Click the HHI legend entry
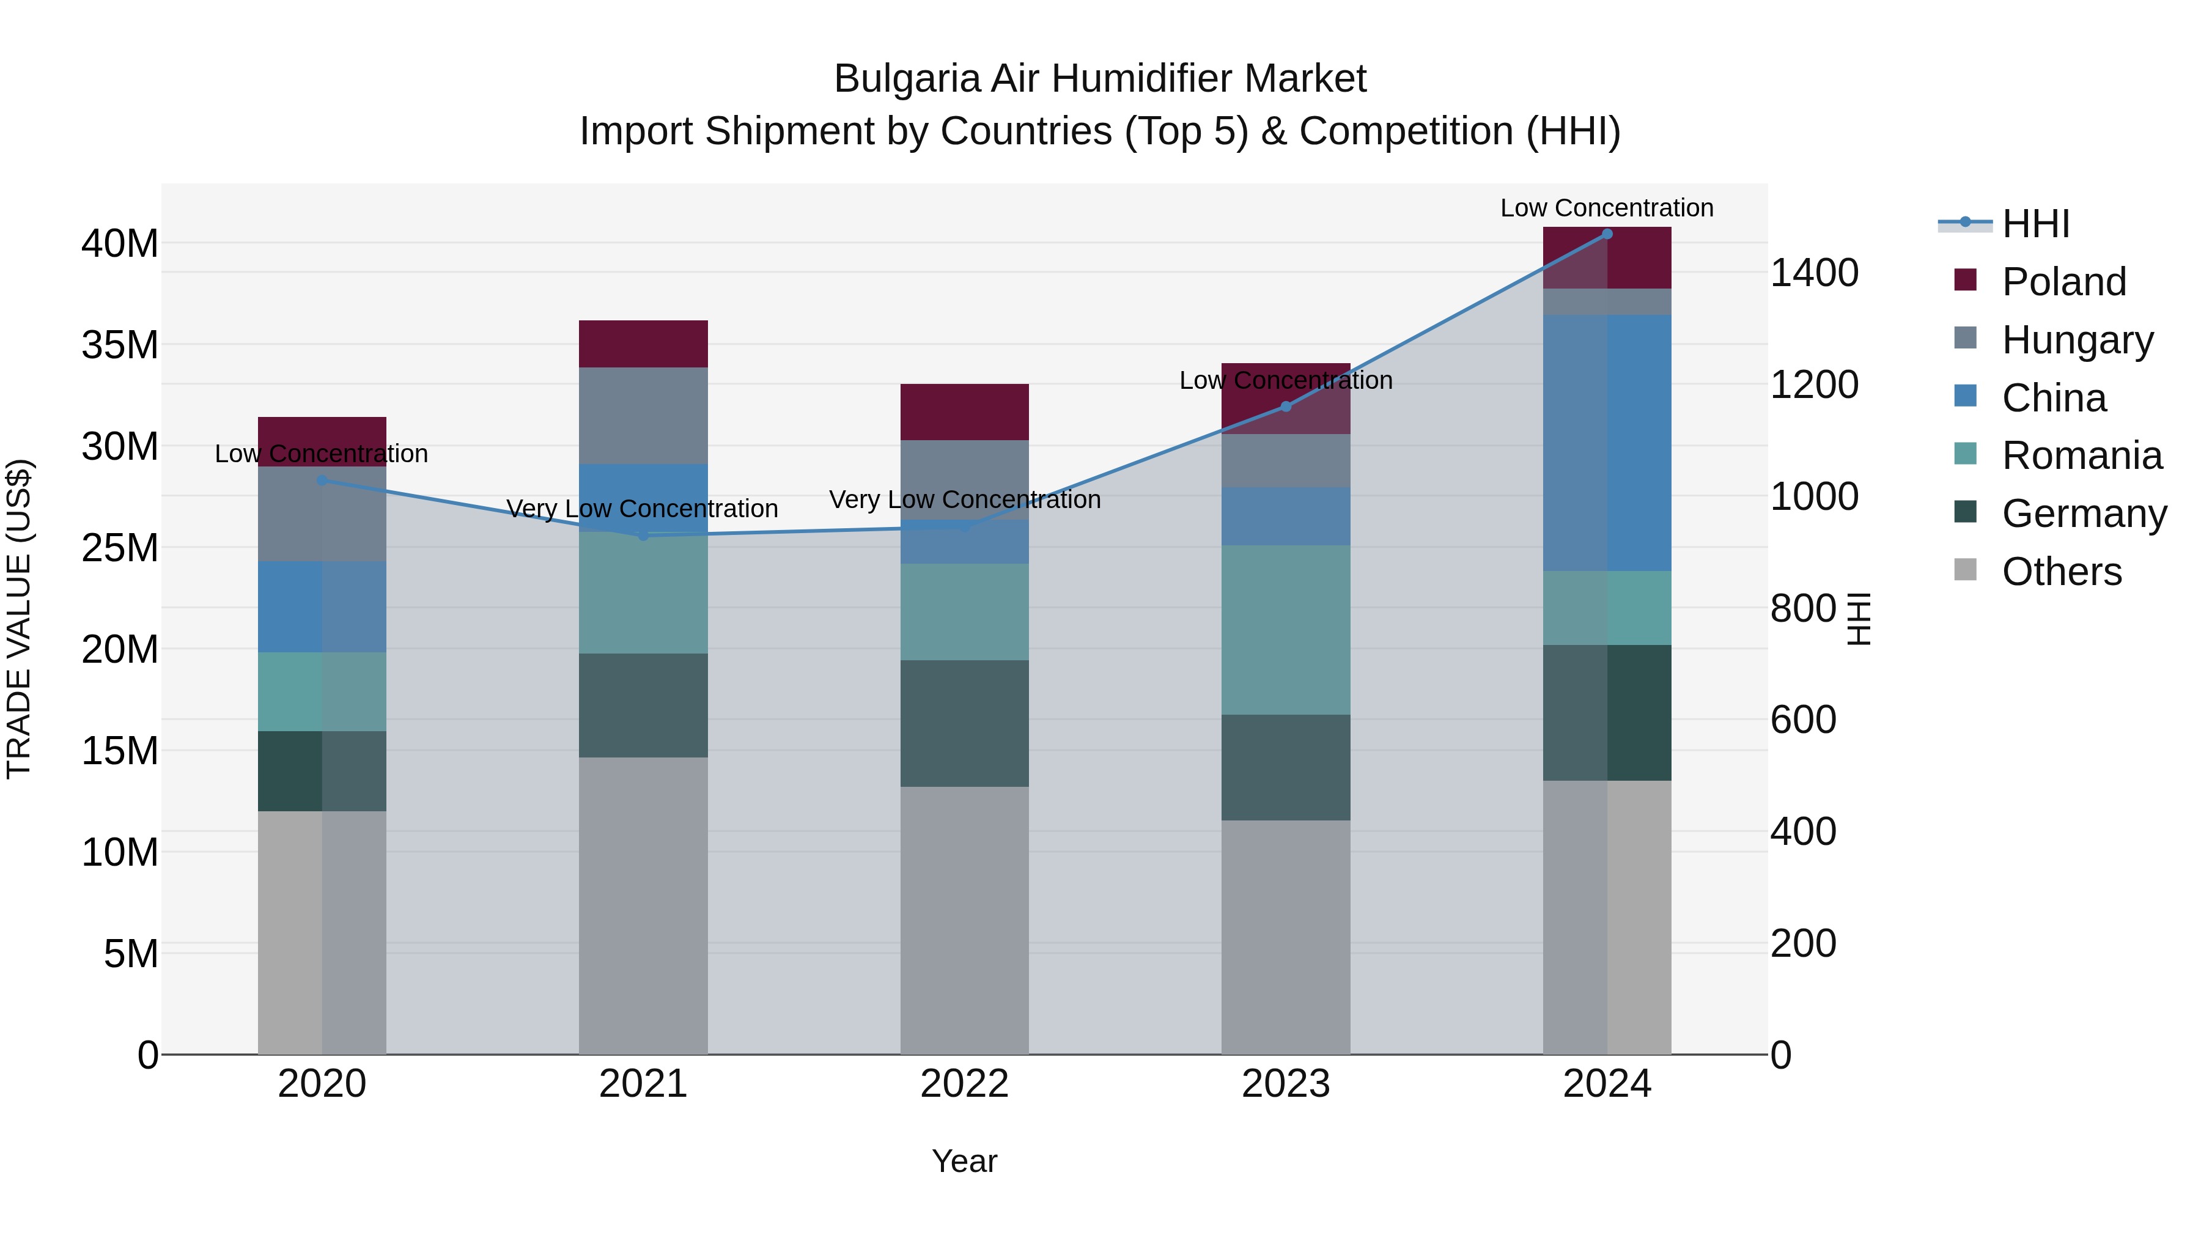click(2034, 224)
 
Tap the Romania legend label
click(2081, 455)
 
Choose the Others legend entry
click(2061, 572)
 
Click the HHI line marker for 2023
click(1286, 407)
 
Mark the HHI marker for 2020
click(322, 480)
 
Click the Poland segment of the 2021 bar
click(643, 344)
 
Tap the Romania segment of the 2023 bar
click(1286, 630)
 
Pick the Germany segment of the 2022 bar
click(965, 723)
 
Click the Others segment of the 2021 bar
click(643, 905)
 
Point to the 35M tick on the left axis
click(120, 345)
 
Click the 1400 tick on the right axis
click(1813, 273)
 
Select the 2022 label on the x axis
click(965, 1084)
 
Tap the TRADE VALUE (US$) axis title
click(19, 619)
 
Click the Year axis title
click(965, 1161)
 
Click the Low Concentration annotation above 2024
click(1606, 208)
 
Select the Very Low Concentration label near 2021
click(642, 509)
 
